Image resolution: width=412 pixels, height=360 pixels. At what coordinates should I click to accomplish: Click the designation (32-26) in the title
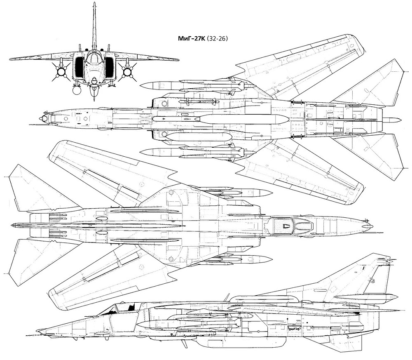[x=217, y=39]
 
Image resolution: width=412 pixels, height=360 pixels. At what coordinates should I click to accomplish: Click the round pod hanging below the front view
[x=77, y=91]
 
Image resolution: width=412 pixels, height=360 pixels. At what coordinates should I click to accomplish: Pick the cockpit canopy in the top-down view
[x=292, y=226]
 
